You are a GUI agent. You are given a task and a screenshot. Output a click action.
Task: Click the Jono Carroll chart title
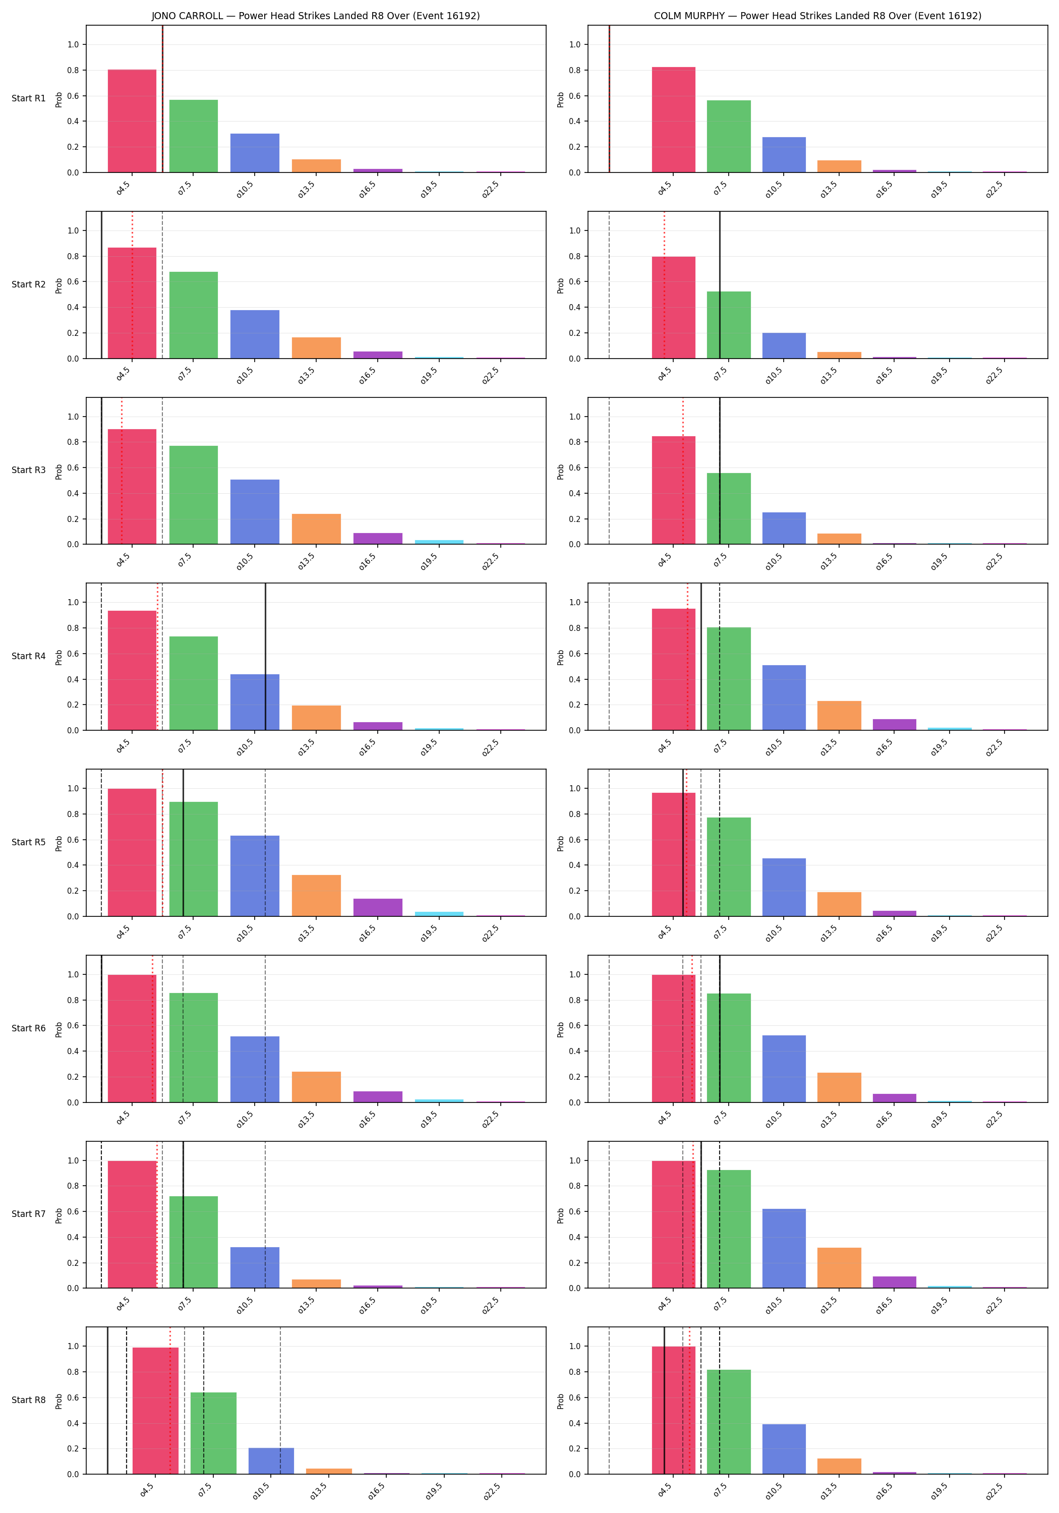click(316, 16)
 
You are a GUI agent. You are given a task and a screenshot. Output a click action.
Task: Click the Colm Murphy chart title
click(817, 16)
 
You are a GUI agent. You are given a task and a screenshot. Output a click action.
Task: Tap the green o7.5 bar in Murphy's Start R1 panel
click(729, 136)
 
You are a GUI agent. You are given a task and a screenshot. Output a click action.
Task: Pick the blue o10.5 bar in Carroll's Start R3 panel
click(255, 512)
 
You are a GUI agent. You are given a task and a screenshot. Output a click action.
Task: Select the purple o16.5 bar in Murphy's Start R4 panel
click(894, 725)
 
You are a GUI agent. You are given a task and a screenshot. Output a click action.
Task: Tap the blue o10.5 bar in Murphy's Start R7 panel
click(784, 1248)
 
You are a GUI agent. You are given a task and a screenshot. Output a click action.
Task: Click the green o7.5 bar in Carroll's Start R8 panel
click(213, 1433)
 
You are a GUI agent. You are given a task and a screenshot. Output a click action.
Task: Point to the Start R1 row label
click(29, 98)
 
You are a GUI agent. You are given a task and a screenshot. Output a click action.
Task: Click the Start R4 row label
click(29, 656)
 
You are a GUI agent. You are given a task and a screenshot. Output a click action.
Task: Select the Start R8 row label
click(29, 1400)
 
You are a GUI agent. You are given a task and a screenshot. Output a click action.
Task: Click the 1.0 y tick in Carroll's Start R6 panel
click(73, 974)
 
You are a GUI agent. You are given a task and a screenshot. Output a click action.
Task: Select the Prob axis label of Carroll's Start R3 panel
click(58, 471)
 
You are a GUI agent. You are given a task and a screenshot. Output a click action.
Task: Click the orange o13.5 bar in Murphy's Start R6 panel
click(839, 1087)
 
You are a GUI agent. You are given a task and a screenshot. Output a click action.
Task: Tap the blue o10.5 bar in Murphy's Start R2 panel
click(784, 346)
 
